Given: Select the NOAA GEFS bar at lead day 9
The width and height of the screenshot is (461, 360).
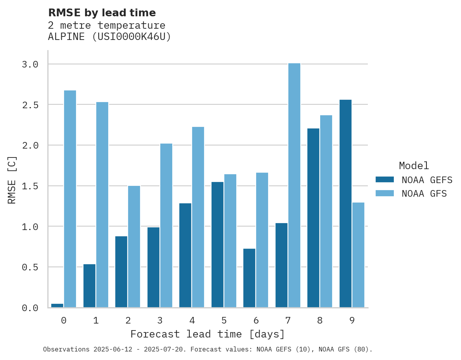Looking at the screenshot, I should (x=345, y=204).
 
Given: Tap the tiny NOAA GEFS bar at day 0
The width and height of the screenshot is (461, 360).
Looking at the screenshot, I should (x=57, y=306).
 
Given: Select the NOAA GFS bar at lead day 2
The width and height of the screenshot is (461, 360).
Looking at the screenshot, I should (x=134, y=247).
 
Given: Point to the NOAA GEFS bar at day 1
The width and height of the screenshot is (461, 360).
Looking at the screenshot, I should (x=90, y=286).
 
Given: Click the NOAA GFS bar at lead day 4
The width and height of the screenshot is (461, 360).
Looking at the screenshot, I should (x=198, y=217).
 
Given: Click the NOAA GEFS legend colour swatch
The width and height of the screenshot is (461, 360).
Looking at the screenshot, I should (x=385, y=180).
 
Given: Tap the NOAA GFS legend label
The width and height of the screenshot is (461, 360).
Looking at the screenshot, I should (x=424, y=194).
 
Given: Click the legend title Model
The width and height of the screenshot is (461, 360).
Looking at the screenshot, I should (x=414, y=166).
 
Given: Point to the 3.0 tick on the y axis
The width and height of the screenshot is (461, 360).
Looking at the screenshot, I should (x=30, y=64).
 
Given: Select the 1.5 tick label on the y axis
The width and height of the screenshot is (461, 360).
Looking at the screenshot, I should (x=30, y=186).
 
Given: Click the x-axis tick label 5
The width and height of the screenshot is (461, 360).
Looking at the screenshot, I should (x=224, y=320).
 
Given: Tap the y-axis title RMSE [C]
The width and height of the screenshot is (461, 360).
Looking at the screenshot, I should (x=12, y=180).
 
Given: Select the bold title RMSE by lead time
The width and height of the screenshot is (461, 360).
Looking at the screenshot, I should (x=102, y=13).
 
